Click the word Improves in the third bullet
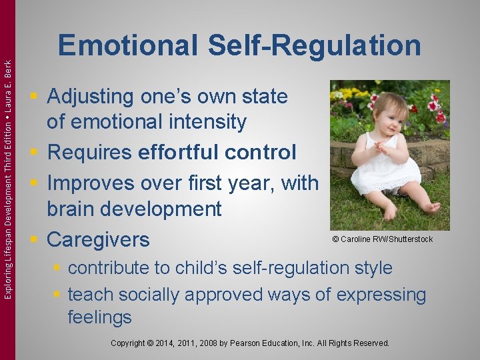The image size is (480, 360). pyautogui.click(x=90, y=183)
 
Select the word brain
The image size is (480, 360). pyautogui.click(x=73, y=209)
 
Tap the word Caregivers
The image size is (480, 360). pyautogui.click(x=98, y=239)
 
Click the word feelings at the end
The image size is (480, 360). pyautogui.click(x=100, y=317)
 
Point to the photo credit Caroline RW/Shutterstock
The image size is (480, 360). pyautogui.click(x=382, y=239)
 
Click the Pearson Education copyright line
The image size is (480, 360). pyautogui.click(x=250, y=343)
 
